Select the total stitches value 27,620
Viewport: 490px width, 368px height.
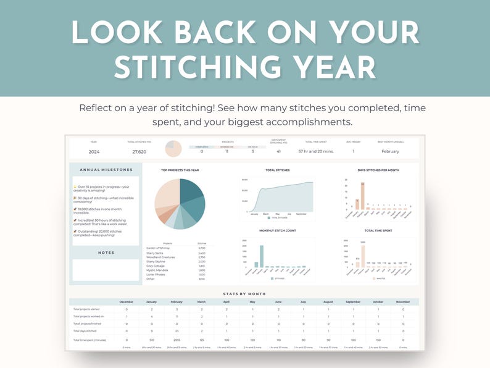pyautogui.click(x=140, y=151)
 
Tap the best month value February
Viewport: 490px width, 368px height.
pyautogui.click(x=390, y=151)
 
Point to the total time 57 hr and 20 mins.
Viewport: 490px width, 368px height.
pyautogui.click(x=316, y=151)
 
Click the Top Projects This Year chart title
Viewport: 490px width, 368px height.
pyautogui.click(x=180, y=170)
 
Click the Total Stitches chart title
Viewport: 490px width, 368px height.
pyautogui.click(x=277, y=170)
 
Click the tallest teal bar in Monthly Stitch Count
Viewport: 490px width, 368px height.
pyautogui.click(x=262, y=256)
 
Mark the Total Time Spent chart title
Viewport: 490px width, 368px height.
pyautogui.click(x=378, y=230)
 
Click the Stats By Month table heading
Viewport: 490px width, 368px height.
pyautogui.click(x=245, y=294)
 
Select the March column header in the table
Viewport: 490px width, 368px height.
pyautogui.click(x=201, y=301)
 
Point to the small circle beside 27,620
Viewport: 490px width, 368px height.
pyautogui.click(x=173, y=149)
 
